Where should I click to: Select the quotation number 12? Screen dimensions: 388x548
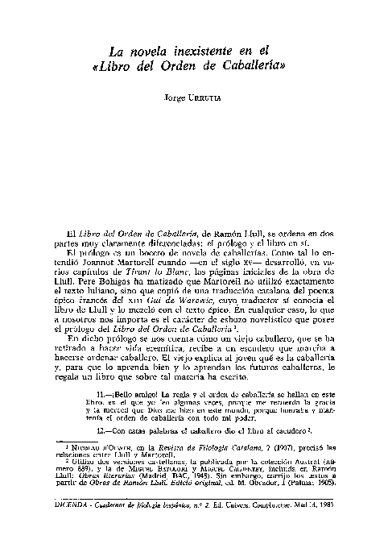point(100,454)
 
